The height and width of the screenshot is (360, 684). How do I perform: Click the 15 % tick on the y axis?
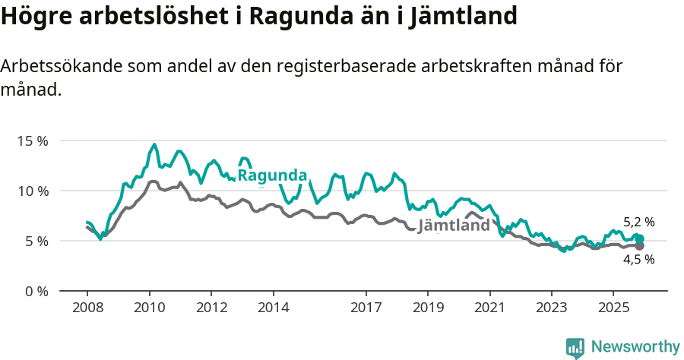(x=32, y=141)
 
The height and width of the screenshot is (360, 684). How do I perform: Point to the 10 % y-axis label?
(x=32, y=191)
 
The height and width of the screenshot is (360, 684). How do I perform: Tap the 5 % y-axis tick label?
(x=35, y=241)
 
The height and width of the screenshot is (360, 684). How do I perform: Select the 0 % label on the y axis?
(x=35, y=291)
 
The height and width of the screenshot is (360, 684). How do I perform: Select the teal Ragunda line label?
(x=272, y=175)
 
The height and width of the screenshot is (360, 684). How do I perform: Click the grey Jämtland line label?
(x=454, y=226)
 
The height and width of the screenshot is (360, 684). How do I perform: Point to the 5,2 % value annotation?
(x=638, y=223)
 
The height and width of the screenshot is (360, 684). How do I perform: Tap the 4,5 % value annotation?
(x=638, y=259)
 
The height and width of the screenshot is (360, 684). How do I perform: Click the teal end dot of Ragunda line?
(x=639, y=238)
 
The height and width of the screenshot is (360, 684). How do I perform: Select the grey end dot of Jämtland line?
(x=639, y=246)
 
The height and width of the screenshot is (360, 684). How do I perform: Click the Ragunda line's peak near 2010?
(x=154, y=144)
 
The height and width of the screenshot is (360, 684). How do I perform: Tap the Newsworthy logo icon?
(x=575, y=348)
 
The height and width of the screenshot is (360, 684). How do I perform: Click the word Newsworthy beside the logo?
(x=635, y=347)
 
